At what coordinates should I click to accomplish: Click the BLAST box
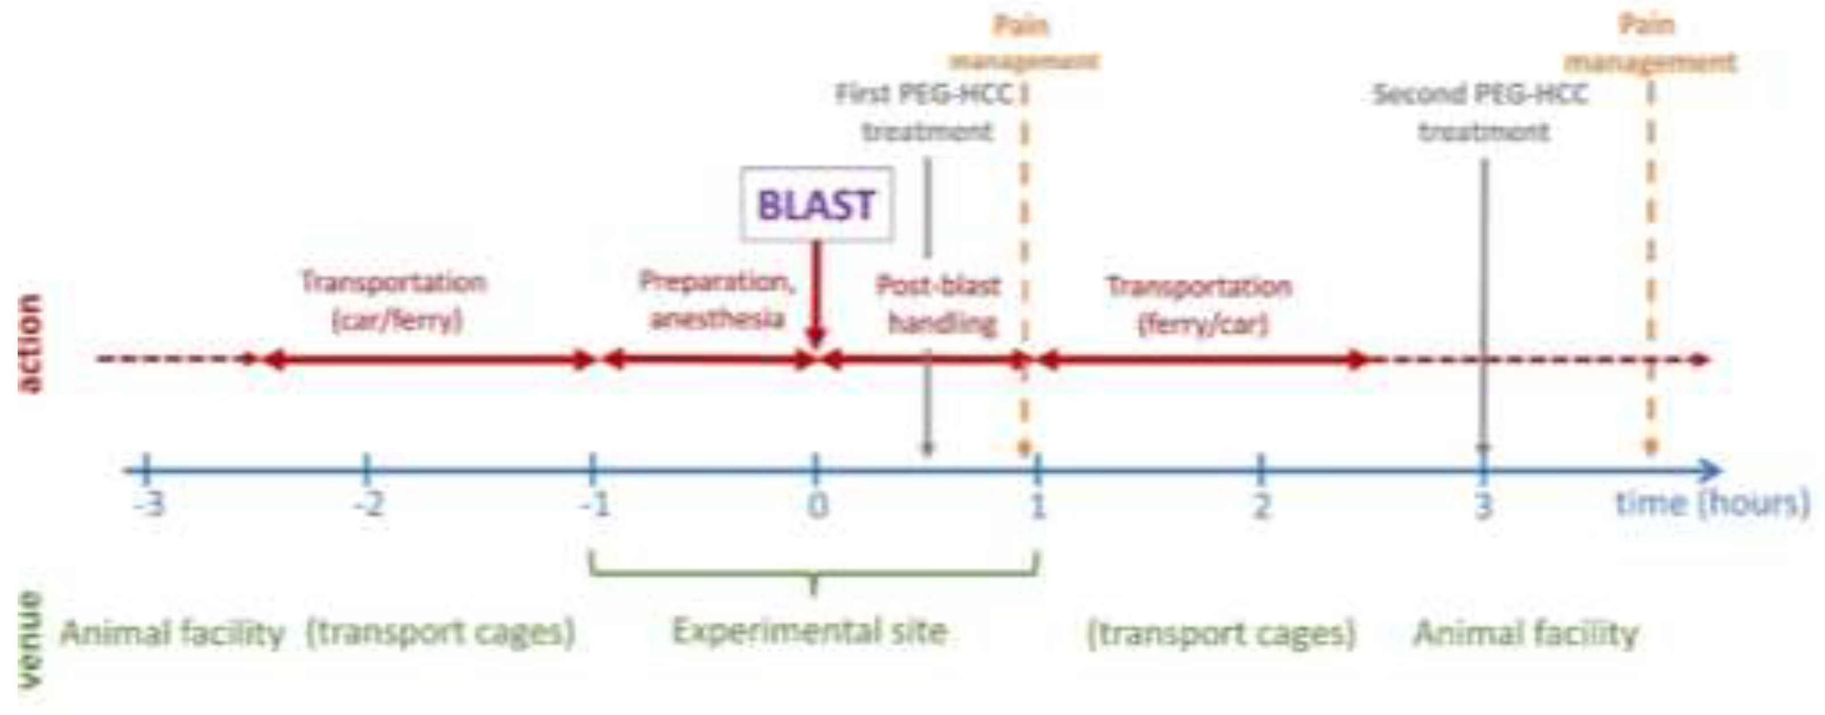(817, 205)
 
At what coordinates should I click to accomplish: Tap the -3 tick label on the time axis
(150, 504)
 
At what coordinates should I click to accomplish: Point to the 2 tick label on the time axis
(1261, 505)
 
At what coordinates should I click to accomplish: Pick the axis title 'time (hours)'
(1712, 504)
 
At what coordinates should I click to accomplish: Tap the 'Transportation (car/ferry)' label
(395, 301)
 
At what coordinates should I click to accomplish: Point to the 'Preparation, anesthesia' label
(717, 301)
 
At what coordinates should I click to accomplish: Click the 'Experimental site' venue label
(809, 631)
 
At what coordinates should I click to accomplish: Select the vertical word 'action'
(30, 343)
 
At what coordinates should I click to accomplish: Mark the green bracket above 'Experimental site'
(813, 572)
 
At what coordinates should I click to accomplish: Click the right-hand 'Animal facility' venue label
(1526, 633)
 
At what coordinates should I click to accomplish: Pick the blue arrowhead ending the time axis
(1710, 470)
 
